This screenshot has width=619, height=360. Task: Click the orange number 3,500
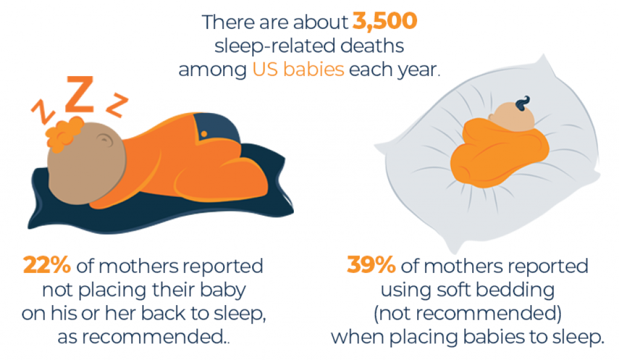click(x=384, y=22)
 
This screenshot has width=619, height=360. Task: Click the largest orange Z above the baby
click(x=79, y=95)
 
